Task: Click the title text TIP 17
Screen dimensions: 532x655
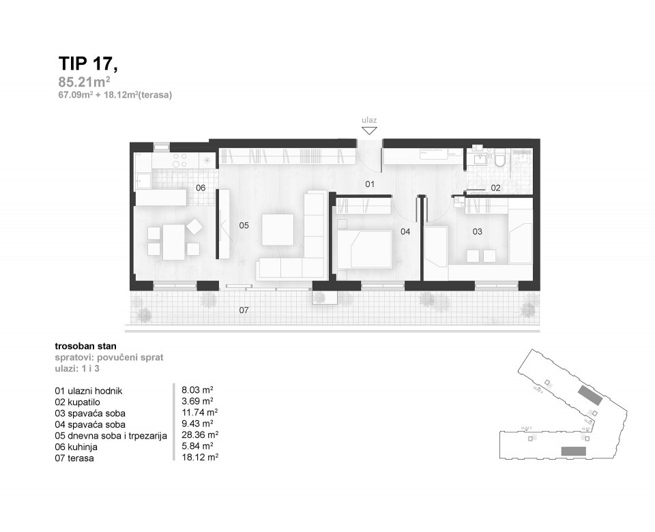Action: point(88,64)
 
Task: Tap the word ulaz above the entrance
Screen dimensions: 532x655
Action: point(369,120)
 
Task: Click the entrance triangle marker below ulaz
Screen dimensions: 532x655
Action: point(369,130)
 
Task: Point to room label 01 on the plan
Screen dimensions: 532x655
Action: point(370,184)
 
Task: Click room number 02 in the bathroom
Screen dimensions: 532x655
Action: point(496,188)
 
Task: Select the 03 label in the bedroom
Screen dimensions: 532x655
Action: point(478,232)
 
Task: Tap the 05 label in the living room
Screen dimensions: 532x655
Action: point(244,224)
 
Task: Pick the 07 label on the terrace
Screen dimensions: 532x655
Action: point(244,310)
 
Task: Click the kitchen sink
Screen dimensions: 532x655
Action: point(144,180)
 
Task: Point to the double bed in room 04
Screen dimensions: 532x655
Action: point(364,250)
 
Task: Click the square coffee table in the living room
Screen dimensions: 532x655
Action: point(278,229)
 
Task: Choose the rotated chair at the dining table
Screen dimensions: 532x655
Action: point(195,225)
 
